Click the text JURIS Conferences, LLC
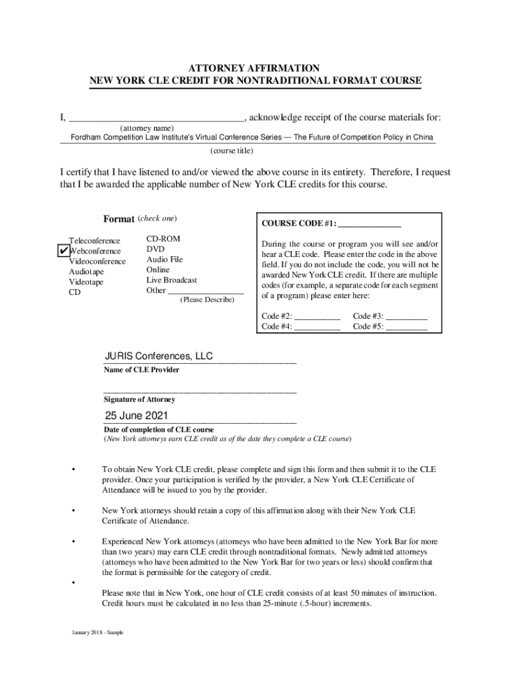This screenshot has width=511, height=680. [159, 357]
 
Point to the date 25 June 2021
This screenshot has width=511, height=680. [136, 416]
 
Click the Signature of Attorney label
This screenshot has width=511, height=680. [139, 400]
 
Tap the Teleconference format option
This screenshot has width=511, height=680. [95, 240]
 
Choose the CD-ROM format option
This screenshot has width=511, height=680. [163, 238]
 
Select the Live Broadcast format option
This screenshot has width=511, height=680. [172, 280]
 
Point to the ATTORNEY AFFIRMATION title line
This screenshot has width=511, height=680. [256, 68]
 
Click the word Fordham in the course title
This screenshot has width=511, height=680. [81, 137]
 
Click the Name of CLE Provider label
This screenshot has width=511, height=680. [141, 370]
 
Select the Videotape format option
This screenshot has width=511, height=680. [86, 282]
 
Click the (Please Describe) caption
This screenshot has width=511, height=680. [207, 300]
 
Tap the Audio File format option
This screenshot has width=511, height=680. [165, 260]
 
